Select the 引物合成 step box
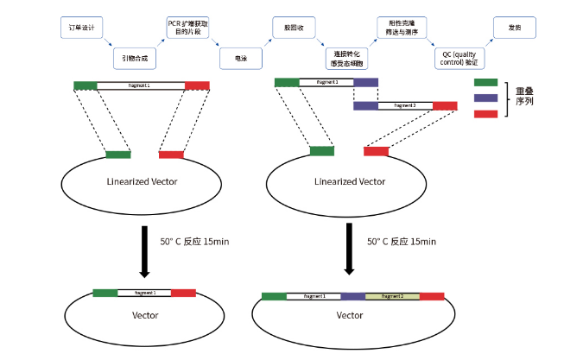click(135, 58)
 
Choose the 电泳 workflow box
click(240, 58)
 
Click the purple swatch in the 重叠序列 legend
click(486, 98)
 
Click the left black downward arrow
click(144, 249)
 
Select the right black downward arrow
click(350, 249)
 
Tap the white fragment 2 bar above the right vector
click(405, 105)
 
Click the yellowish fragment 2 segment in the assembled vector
click(393, 296)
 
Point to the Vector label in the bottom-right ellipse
click(350, 315)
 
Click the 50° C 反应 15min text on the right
click(402, 242)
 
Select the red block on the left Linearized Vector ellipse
click(171, 155)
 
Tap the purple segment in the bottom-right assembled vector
click(353, 296)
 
